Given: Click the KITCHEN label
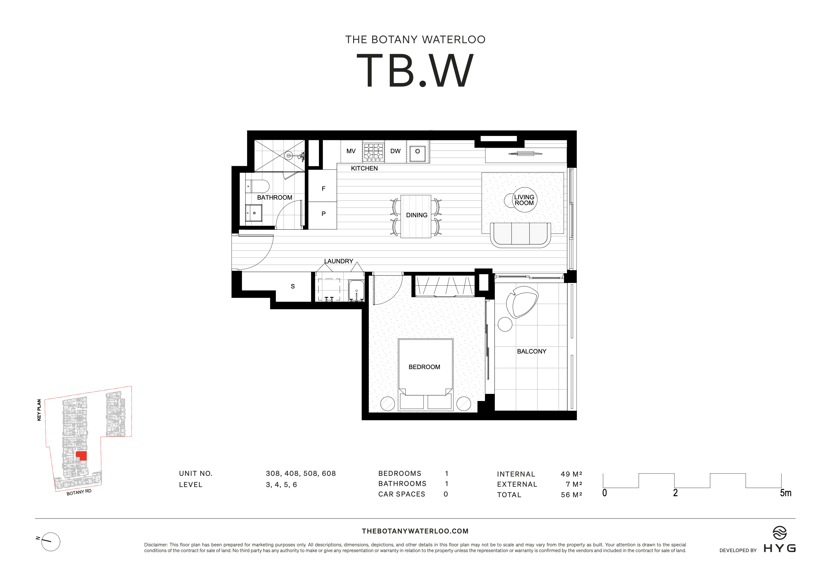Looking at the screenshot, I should tap(364, 168).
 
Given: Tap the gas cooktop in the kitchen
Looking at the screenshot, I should tap(373, 151).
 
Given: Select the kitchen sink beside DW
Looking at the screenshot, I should tap(417, 151).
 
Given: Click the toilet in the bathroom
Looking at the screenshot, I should tap(258, 186).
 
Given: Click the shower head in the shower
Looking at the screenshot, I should tap(288, 156).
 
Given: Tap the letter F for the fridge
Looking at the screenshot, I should tap(323, 188).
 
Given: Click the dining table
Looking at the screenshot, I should tap(416, 216).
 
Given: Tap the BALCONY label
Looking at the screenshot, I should tap(531, 351).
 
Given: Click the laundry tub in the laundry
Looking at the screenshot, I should tap(356, 290).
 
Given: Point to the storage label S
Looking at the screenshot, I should tap(292, 286).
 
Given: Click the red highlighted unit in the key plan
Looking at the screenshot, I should tap(82, 456).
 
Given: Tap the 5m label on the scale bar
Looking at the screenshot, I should tap(785, 493).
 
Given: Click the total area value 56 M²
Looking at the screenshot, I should tap(571, 495).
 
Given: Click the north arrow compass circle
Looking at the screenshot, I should tap(51, 542).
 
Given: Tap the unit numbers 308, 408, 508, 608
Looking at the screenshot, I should tap(300, 473).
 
